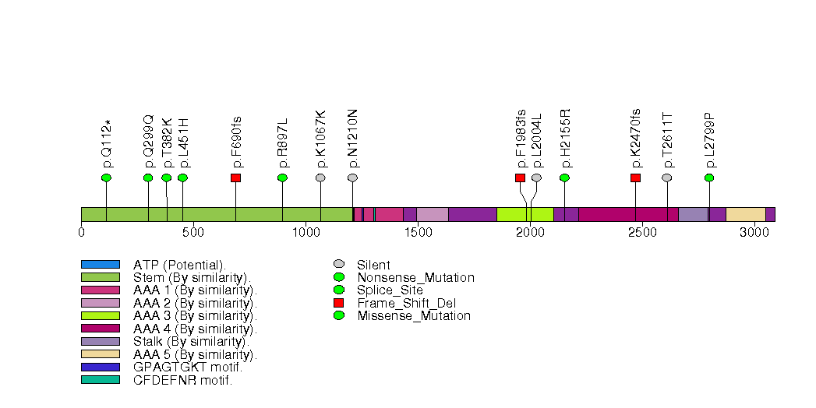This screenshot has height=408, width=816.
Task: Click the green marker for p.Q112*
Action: [x=106, y=178]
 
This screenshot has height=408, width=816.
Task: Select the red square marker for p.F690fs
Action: [x=235, y=178]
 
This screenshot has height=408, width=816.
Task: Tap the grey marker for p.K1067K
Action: [x=320, y=178]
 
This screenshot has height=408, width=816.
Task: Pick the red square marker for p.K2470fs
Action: [x=635, y=178]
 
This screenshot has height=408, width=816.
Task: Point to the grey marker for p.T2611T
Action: [x=666, y=178]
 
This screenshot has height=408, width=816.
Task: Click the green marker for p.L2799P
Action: [x=709, y=178]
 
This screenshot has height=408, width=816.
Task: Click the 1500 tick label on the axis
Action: [x=417, y=232]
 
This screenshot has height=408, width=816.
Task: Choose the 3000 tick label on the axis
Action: [x=754, y=232]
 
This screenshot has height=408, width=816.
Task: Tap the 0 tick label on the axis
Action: [x=82, y=232]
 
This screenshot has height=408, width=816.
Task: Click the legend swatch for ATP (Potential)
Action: [x=100, y=265]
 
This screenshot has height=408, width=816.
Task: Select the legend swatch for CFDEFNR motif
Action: [x=100, y=380]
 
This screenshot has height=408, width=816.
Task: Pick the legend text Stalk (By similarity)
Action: [x=191, y=342]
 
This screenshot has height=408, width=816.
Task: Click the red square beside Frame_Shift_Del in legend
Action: [x=338, y=303]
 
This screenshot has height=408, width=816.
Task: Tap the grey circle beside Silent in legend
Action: [x=338, y=265]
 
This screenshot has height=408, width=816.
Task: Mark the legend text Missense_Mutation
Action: [x=414, y=316]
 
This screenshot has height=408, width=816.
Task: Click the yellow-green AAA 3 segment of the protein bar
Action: [x=525, y=215]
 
